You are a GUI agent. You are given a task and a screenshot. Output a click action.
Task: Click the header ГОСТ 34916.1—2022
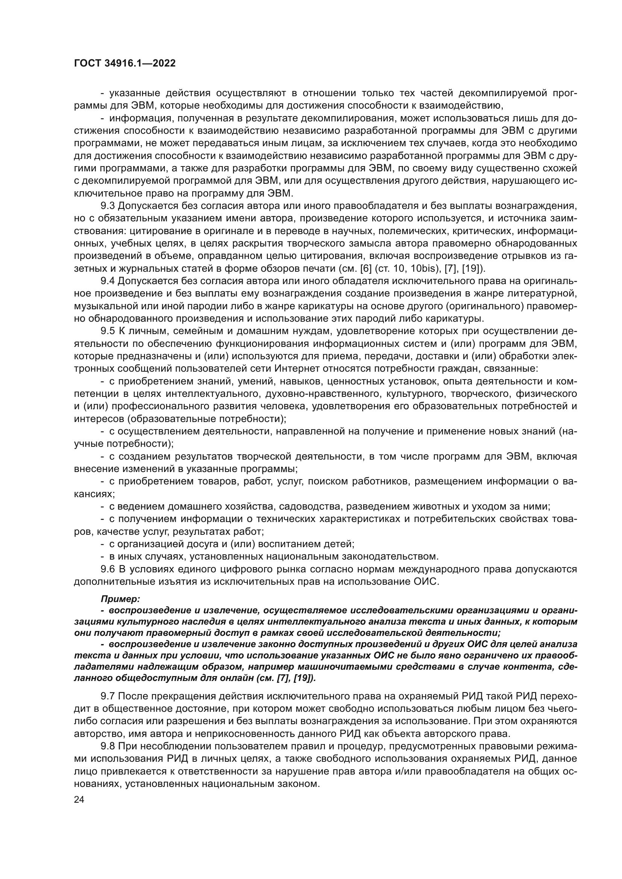(125, 64)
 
